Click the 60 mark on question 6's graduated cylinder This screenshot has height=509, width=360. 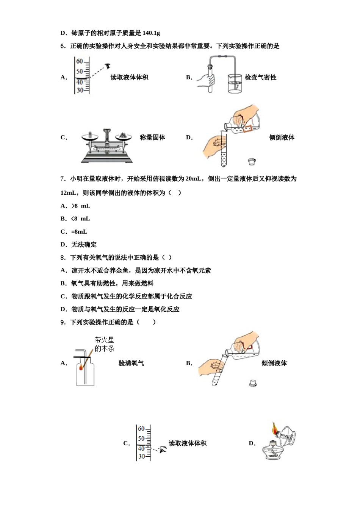coord(80,61)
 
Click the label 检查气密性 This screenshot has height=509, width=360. coord(260,77)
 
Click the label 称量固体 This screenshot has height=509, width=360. coord(152,137)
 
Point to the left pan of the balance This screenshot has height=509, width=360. coord(90,138)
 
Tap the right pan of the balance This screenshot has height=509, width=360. coord(123,138)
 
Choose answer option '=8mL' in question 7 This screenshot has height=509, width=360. coord(79,232)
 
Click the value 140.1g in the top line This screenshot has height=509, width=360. coord(151,33)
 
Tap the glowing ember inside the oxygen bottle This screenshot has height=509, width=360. coord(81,367)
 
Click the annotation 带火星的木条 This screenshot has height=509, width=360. coord(104,344)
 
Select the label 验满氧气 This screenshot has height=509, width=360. coord(131,363)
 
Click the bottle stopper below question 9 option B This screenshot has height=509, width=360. coord(253,383)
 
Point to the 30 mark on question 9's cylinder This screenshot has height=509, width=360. coord(141,456)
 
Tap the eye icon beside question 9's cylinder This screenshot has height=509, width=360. coord(163,450)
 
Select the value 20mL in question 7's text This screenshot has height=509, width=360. coord(194,179)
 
